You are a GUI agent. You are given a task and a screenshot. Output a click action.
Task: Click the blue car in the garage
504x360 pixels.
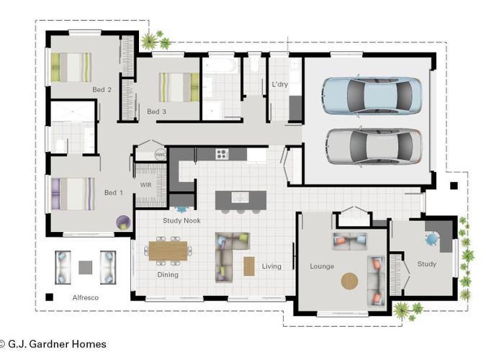[x=372, y=96]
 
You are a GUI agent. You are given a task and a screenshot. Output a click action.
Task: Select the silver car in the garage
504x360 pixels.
[x=374, y=147]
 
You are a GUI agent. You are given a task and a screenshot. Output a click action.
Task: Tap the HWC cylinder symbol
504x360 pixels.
[x=161, y=155]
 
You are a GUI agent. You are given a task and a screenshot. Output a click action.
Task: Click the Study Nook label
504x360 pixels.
[x=181, y=220]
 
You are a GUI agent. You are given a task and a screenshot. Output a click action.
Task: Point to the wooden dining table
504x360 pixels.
[x=168, y=251]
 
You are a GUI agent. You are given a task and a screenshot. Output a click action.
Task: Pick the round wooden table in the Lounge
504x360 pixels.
[x=349, y=282]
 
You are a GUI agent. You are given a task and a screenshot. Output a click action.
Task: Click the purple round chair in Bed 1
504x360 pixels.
[x=124, y=222]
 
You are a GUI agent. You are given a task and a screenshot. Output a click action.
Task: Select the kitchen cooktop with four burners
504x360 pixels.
[x=222, y=154]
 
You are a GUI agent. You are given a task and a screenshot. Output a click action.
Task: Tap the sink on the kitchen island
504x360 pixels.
[x=240, y=197]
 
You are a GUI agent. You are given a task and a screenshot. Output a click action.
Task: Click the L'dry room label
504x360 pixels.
[x=279, y=84]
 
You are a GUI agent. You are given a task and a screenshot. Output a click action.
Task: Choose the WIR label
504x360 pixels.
[x=146, y=185]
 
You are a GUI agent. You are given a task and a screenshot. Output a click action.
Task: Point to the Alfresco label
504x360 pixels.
[x=86, y=297]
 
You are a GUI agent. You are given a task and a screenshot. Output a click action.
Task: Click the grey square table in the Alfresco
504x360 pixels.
[x=86, y=267]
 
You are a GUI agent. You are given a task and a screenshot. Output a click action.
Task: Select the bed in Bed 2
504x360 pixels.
[x=71, y=67]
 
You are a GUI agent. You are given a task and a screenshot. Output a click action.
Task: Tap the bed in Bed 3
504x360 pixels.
[x=179, y=87]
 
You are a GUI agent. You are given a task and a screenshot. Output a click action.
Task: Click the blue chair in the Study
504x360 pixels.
[x=432, y=239]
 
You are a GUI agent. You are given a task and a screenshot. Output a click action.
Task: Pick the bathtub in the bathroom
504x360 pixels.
[x=220, y=66]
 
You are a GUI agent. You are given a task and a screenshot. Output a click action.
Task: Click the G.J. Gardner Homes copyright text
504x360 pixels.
[x=53, y=344]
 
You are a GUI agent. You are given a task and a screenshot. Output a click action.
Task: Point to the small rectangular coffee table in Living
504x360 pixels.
[x=249, y=266]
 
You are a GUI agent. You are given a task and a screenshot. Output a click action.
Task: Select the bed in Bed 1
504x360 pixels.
[x=73, y=194]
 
